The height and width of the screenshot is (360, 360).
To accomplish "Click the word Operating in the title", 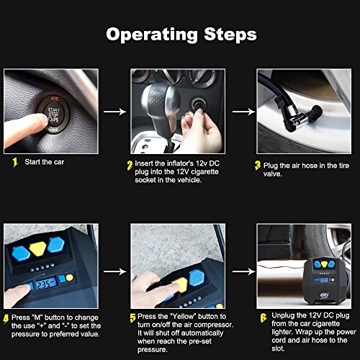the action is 152,35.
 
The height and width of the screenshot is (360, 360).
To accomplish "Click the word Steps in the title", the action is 230,34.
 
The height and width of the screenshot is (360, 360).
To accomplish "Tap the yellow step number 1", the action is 15,162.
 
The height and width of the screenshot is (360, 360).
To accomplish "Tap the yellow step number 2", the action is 130,166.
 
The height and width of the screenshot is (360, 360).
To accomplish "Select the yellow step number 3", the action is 258,166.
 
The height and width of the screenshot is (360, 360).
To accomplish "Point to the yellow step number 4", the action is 6,319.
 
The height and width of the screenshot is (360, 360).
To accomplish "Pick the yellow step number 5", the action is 132,318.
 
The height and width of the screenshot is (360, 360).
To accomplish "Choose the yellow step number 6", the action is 264,318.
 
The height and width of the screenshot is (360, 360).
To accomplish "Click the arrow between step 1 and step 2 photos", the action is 115,112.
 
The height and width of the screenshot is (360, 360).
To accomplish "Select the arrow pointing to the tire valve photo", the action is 244,112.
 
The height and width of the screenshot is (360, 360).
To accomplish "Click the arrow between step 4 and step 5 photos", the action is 115,271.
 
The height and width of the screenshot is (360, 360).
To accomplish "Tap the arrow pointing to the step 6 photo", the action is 244,271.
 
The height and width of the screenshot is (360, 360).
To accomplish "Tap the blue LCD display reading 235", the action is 46,284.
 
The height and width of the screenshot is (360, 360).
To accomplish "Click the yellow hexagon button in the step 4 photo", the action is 37,249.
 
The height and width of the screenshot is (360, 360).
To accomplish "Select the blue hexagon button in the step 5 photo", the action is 197,278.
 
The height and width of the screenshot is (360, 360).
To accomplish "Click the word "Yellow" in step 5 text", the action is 183,317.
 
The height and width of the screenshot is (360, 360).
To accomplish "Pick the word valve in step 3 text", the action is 273,174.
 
